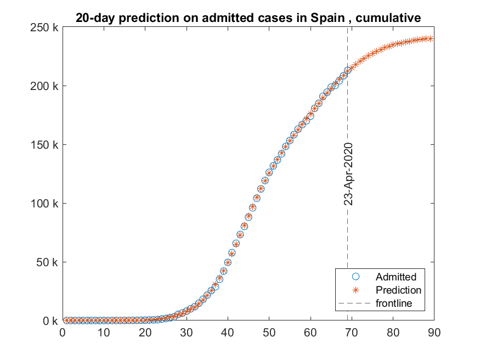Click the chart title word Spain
[x=330, y=18]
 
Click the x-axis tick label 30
[x=187, y=333]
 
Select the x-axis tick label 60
[x=310, y=333]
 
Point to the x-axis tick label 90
[x=434, y=333]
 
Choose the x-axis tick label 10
[x=104, y=333]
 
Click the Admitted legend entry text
[x=396, y=277]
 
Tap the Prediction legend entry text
[x=399, y=290]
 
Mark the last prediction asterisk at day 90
[x=431, y=38]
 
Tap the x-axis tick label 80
[x=393, y=333]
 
